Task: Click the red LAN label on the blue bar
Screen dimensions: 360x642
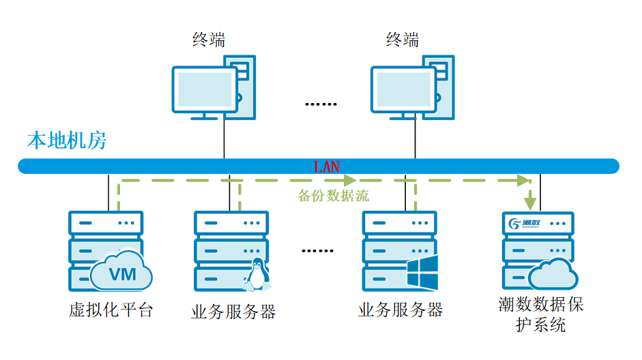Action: (x=326, y=166)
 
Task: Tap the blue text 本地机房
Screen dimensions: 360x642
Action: (x=66, y=141)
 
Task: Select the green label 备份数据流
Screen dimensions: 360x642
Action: (x=334, y=196)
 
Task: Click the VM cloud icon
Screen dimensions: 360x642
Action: (x=121, y=273)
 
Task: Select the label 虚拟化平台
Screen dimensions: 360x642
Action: (x=111, y=311)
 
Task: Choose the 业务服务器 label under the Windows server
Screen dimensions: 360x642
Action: (x=400, y=311)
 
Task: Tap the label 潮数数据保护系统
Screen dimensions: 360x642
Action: (x=541, y=314)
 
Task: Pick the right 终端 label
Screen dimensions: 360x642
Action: (x=403, y=40)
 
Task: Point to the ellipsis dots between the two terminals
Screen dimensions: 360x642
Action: (x=321, y=104)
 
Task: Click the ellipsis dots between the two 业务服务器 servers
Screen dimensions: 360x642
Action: (x=317, y=250)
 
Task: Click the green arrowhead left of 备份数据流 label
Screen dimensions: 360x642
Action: (x=350, y=181)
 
